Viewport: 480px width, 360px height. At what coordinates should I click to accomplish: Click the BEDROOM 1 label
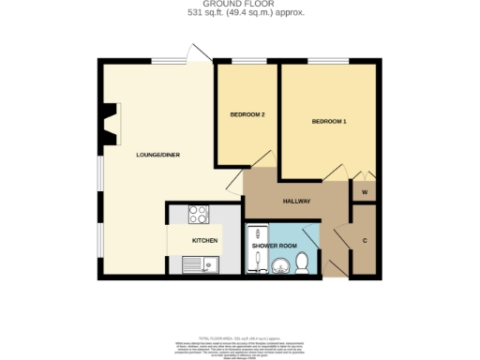(x=329, y=122)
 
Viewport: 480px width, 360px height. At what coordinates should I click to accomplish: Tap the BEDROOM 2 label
(x=247, y=114)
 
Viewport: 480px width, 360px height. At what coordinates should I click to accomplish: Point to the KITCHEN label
(x=204, y=241)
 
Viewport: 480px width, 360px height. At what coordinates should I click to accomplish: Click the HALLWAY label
(x=296, y=202)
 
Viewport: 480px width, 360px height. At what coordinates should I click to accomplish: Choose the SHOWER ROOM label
(x=274, y=246)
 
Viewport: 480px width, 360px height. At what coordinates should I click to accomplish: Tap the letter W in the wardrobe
(x=365, y=194)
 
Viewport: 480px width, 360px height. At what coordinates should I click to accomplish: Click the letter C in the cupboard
(x=365, y=239)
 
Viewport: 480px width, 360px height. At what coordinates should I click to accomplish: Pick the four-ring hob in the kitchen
(x=200, y=215)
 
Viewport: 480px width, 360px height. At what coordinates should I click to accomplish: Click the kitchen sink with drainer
(x=201, y=265)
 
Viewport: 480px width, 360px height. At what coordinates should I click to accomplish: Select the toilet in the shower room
(x=301, y=267)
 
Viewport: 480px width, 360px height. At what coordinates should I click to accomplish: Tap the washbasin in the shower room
(x=279, y=267)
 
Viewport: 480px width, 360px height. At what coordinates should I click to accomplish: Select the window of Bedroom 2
(x=247, y=62)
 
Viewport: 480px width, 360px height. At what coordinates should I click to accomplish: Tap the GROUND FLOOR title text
(x=239, y=5)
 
